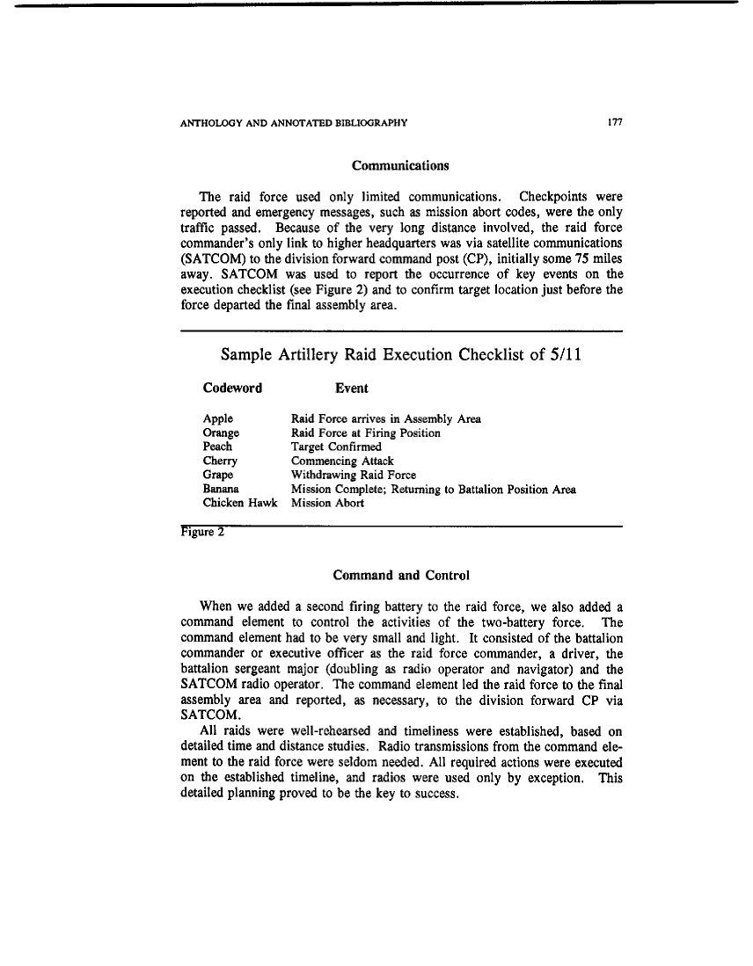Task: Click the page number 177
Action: tap(615, 122)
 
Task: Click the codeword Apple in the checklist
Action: tap(217, 419)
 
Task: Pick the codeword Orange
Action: tap(221, 433)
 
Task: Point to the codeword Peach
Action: tap(217, 447)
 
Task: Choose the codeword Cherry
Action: tap(220, 461)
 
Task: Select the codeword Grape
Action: tap(218, 475)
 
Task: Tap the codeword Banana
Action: tap(222, 489)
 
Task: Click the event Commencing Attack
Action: tap(342, 461)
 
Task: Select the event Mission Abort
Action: tap(327, 503)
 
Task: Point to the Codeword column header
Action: tap(232, 388)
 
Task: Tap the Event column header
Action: tap(352, 388)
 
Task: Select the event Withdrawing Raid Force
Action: tap(354, 475)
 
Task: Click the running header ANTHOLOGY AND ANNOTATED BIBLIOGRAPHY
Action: tap(293, 122)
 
